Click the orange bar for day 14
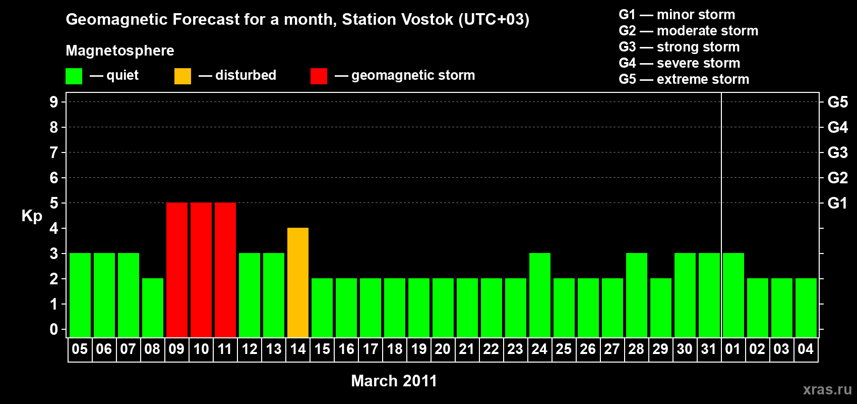(x=297, y=282)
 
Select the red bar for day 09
(x=177, y=270)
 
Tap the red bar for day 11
(x=225, y=270)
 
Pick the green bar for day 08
(x=153, y=308)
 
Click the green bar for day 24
(x=540, y=295)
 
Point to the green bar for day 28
(x=637, y=295)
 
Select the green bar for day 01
(x=733, y=295)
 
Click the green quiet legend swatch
(x=74, y=76)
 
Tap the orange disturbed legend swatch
(x=182, y=76)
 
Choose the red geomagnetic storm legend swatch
(x=319, y=76)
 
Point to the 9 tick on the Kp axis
(x=54, y=102)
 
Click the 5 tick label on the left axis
(x=54, y=203)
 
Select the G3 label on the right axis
(x=837, y=153)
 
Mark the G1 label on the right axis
(x=837, y=203)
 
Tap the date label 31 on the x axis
(x=709, y=349)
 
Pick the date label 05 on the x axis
(x=80, y=349)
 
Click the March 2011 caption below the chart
(x=394, y=381)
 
